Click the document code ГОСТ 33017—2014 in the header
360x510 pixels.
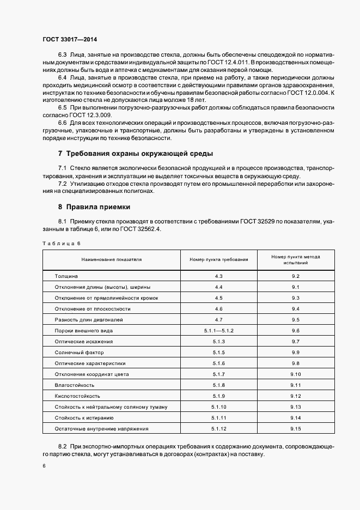pos(69,40)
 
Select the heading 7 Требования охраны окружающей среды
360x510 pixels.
pos(136,153)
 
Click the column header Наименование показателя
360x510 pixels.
pos(112,259)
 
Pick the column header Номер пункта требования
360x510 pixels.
pos(219,259)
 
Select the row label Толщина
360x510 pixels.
pos(66,276)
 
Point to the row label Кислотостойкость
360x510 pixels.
pos(77,396)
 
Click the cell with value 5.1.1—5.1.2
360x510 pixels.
pos(219,331)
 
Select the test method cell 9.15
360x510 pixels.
pos(296,429)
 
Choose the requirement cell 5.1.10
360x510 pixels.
pos(219,407)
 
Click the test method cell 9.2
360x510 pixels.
pos(296,276)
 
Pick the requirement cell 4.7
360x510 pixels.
pos(219,320)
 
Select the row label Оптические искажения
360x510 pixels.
pos(84,342)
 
